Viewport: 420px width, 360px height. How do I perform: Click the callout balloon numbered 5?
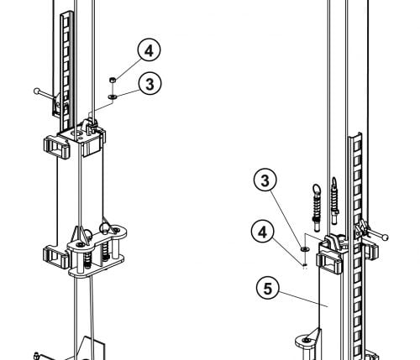(x=268, y=288)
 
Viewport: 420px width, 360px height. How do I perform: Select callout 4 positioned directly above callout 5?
(x=263, y=232)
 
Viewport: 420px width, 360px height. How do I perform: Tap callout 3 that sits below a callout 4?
(x=150, y=83)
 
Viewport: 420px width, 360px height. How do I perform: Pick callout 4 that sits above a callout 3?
(x=149, y=50)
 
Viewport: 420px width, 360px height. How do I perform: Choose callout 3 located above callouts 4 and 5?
(x=265, y=180)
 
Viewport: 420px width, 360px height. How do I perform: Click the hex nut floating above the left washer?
(x=113, y=80)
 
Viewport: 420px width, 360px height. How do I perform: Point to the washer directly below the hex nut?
(x=113, y=97)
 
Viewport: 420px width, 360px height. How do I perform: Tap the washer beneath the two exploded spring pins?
(x=304, y=248)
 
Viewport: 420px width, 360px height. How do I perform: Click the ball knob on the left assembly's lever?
(x=37, y=91)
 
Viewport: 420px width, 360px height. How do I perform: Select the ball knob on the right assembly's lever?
(x=386, y=237)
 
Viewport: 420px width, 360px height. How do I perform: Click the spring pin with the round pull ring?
(x=317, y=207)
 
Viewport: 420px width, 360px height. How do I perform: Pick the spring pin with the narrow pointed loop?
(x=334, y=201)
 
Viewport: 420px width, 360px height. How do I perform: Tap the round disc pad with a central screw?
(x=307, y=341)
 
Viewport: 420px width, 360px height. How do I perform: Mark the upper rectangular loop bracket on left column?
(x=56, y=147)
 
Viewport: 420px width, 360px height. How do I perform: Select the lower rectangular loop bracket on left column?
(x=55, y=257)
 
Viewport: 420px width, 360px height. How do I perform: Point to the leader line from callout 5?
(x=303, y=300)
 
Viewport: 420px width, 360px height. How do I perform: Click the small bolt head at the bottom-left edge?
(x=36, y=356)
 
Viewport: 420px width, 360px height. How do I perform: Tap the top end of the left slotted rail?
(x=66, y=13)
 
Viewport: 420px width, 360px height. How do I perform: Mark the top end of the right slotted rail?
(x=355, y=136)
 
